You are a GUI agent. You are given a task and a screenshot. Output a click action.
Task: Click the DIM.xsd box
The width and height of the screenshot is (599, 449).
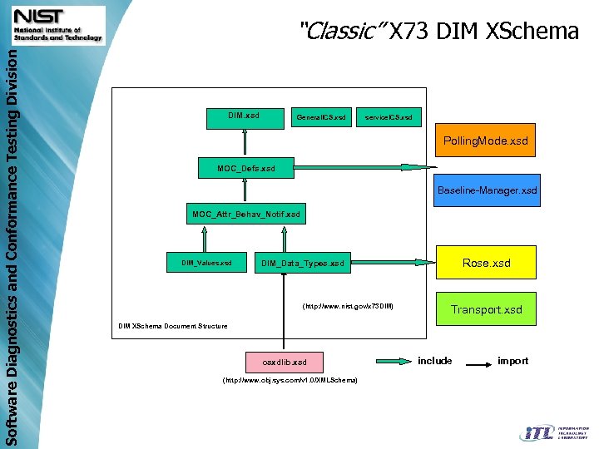[244, 116]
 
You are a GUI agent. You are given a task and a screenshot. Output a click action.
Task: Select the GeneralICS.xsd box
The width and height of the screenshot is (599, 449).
[321, 117]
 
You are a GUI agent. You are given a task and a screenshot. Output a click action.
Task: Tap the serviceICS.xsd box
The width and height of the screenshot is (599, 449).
[389, 117]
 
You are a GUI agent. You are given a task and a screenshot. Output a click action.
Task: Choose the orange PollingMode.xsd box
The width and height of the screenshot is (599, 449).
[485, 141]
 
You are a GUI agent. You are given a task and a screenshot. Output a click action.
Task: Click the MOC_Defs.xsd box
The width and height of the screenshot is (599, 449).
[245, 169]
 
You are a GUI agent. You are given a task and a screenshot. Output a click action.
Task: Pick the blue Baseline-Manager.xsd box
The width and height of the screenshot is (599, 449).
[487, 190]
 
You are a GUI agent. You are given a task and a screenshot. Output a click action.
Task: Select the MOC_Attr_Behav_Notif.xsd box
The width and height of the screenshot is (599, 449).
[245, 215]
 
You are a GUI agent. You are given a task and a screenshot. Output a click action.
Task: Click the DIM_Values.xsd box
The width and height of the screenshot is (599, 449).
[206, 263]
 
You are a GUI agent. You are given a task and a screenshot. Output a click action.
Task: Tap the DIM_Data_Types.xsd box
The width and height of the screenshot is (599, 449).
[302, 264]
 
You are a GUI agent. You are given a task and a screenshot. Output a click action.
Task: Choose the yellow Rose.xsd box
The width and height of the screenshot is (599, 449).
[487, 263]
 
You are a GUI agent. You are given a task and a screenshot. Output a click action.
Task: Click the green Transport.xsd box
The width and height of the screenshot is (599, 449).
[487, 309]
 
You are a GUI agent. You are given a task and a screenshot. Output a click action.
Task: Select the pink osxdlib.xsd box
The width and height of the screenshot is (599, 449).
[282, 363]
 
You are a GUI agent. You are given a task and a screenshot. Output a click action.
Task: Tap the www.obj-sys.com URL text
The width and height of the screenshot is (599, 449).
[290, 380]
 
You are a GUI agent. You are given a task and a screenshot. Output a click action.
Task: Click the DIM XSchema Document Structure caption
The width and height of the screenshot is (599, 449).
[172, 326]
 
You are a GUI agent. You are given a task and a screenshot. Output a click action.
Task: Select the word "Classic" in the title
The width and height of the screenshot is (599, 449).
[341, 32]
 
